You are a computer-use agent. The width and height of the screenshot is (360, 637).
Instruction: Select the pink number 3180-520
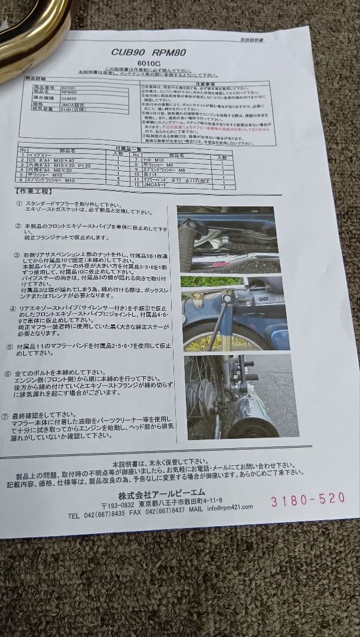click(307, 499)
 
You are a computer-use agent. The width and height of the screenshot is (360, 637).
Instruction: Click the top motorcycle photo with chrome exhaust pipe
click(227, 238)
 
